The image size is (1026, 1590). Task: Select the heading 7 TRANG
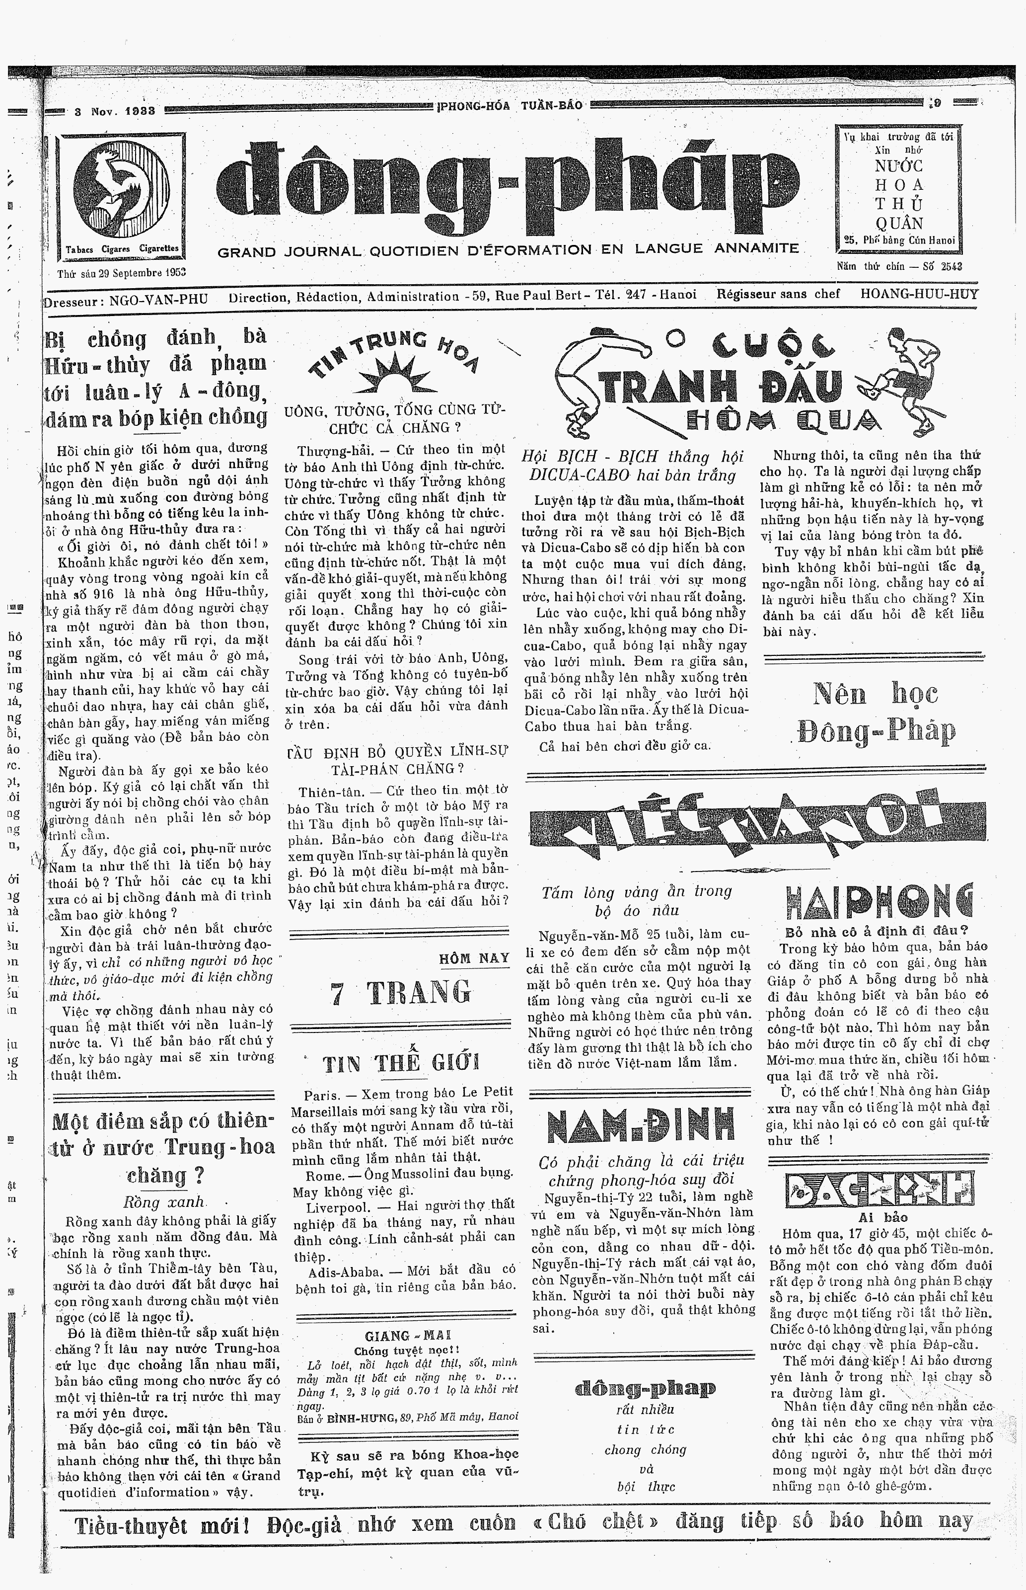click(400, 993)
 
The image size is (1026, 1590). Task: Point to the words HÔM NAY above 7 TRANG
click(474, 958)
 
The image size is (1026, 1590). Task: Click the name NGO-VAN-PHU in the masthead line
click(158, 299)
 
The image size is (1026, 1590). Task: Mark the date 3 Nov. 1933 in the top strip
click(115, 111)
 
